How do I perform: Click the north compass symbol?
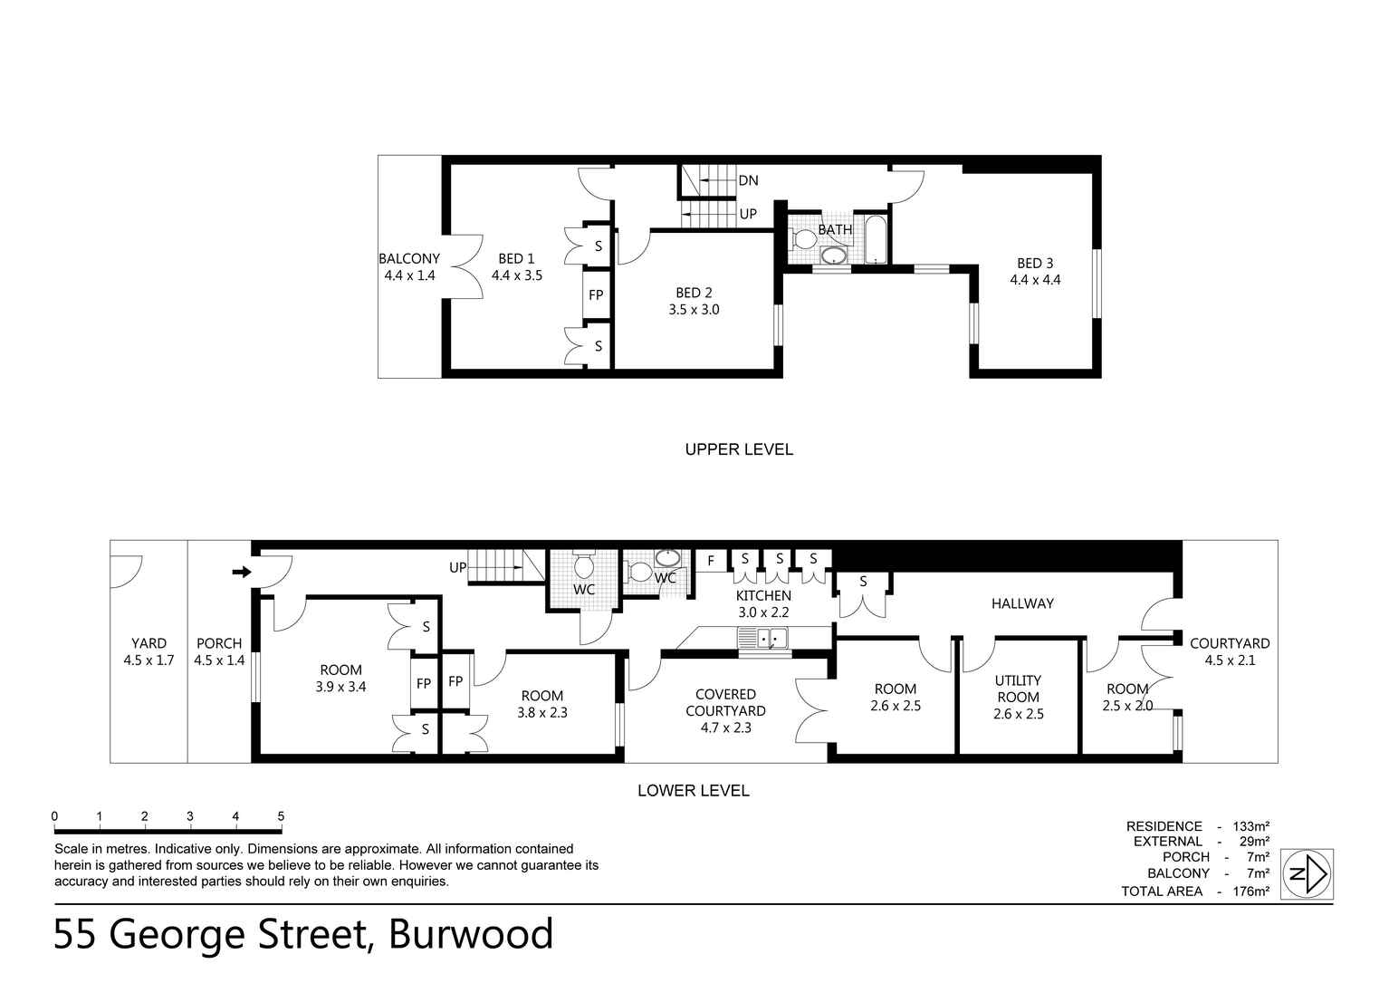click(x=1308, y=874)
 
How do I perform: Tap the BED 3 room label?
click(x=1035, y=263)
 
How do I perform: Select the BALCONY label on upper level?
click(x=409, y=258)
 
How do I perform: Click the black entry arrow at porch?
click(x=241, y=572)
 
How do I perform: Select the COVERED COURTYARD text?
click(x=725, y=703)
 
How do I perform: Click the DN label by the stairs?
click(x=748, y=180)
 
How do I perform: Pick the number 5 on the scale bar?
click(x=281, y=816)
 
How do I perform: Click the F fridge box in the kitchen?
click(x=711, y=560)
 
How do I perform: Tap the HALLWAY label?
click(x=1022, y=603)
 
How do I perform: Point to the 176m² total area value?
click(x=1250, y=891)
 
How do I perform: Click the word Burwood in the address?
click(x=471, y=934)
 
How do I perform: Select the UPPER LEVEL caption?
click(x=739, y=449)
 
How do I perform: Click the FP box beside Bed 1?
click(x=596, y=295)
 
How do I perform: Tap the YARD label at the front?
click(x=148, y=643)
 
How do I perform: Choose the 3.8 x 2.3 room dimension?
click(x=541, y=713)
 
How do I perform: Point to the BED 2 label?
click(x=694, y=293)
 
